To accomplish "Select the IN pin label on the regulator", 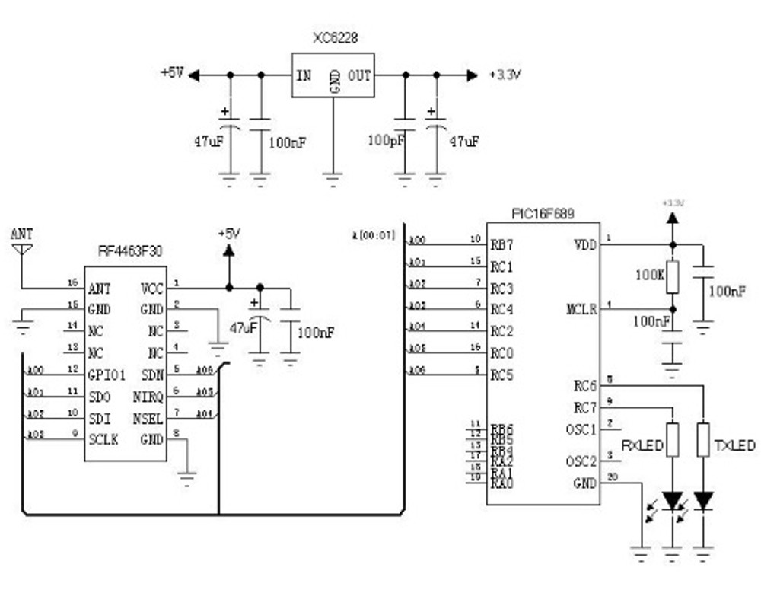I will tap(303, 75).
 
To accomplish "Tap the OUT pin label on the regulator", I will tap(360, 75).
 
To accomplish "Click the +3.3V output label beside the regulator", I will tap(505, 75).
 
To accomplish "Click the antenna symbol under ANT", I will tap(22, 249).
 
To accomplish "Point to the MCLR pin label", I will tap(582, 311).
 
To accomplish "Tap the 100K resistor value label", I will tap(650, 273).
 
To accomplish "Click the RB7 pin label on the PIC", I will tap(501, 244).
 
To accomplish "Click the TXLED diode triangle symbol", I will tap(703, 500).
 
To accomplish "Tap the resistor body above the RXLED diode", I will tap(672, 439).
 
